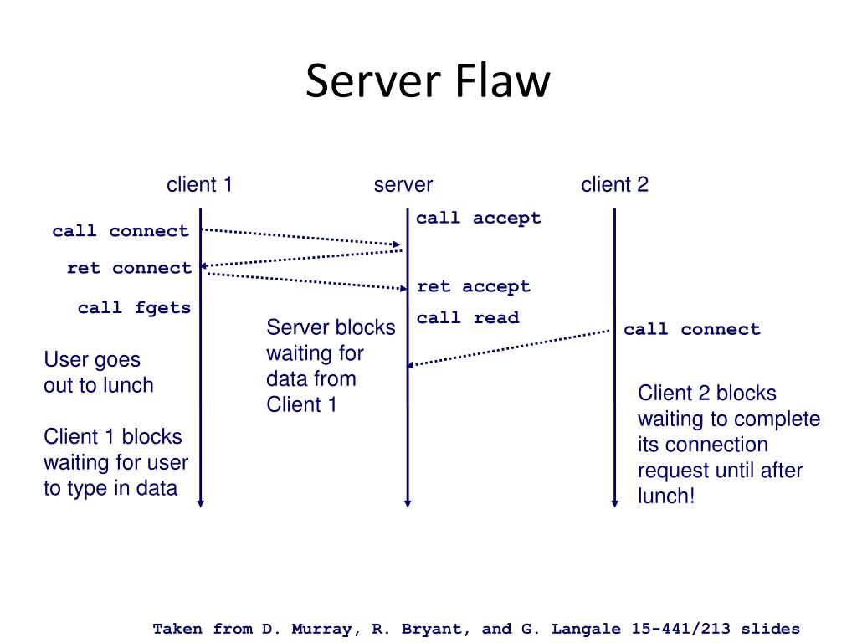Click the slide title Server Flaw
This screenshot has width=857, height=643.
[x=428, y=81]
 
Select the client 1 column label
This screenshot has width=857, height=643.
[x=199, y=184]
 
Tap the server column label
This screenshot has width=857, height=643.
[x=403, y=185]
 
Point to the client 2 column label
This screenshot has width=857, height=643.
[x=614, y=184]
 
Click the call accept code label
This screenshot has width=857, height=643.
[x=479, y=218]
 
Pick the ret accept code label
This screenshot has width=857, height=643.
[x=474, y=286]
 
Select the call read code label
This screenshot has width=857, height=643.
[x=468, y=317]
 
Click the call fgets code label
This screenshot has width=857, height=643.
[x=135, y=308]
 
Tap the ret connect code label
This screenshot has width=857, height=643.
[x=130, y=268]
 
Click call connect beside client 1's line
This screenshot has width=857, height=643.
[x=121, y=231]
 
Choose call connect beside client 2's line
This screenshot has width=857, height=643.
[x=692, y=329]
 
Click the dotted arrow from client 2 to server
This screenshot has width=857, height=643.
[x=509, y=347]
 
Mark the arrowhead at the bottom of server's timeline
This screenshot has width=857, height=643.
[x=408, y=503]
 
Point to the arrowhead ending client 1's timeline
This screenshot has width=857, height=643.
[x=201, y=503]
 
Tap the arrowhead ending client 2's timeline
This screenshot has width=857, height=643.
[x=614, y=503]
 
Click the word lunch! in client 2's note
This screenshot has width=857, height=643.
[x=666, y=496]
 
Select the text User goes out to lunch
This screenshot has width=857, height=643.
[x=99, y=373]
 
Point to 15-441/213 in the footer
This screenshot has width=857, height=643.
[x=680, y=629]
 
